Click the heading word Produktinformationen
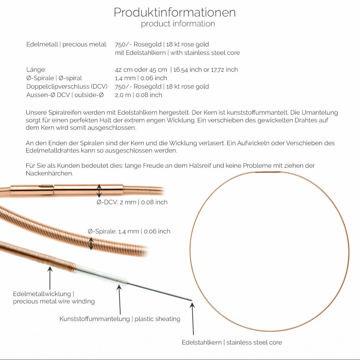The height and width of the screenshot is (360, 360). (174, 13)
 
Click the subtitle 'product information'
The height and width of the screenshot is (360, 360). (178, 24)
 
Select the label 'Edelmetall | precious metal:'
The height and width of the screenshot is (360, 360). (67, 44)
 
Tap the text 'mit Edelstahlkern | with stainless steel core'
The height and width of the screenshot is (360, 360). (177, 53)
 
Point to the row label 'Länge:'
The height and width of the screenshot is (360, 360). (36, 70)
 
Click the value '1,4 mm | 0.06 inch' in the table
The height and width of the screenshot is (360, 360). (141, 78)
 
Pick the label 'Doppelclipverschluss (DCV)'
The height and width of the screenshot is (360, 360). (67, 86)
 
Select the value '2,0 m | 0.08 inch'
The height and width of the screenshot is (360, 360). (139, 95)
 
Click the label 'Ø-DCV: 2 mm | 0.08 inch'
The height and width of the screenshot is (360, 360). (132, 202)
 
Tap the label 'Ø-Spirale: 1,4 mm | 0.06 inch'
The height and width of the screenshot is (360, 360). (129, 231)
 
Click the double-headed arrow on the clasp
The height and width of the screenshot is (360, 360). (99, 191)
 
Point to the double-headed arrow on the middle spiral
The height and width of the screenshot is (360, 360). (91, 243)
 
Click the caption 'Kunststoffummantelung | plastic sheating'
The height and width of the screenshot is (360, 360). (120, 319)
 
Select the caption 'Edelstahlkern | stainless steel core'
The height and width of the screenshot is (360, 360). (232, 342)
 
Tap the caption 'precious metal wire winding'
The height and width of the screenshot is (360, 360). (54, 301)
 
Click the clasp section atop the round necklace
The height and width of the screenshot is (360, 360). (268, 172)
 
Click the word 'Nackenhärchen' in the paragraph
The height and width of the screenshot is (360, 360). (49, 174)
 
